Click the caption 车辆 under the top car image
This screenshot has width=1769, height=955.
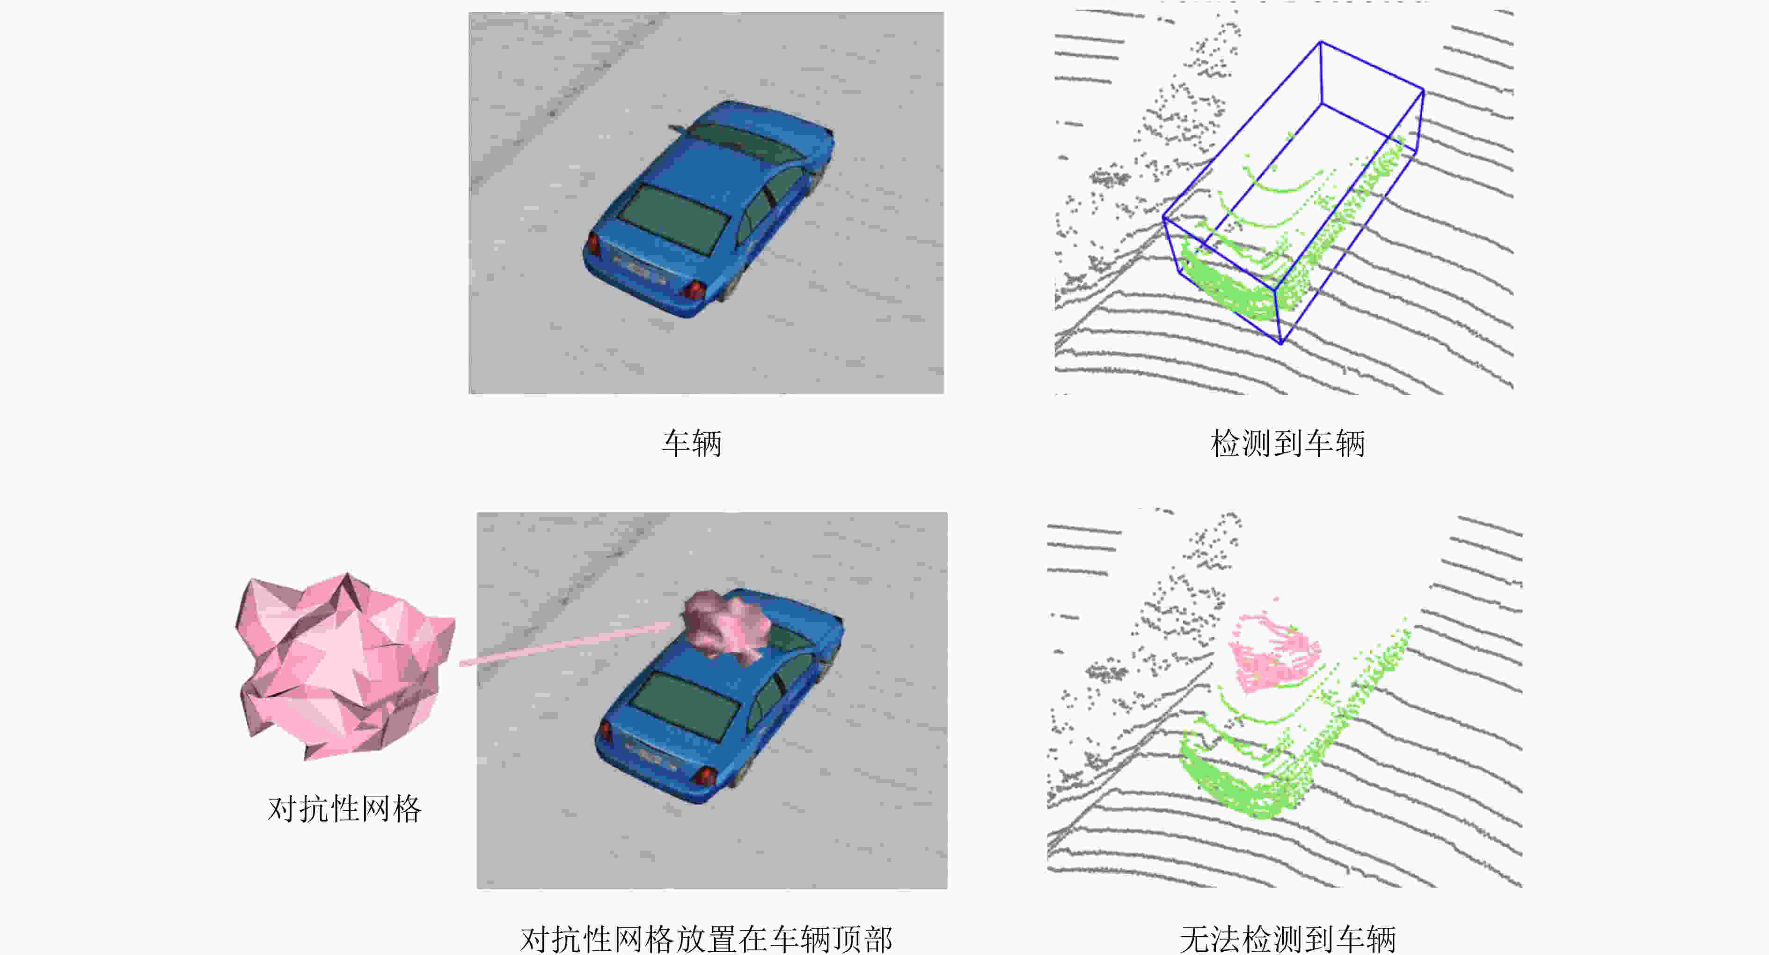pyautogui.click(x=692, y=443)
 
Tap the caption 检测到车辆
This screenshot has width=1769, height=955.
pyautogui.click(x=1287, y=443)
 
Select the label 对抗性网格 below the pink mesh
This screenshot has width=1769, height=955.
pyautogui.click(x=344, y=809)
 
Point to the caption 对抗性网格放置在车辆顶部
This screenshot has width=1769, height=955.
pyautogui.click(x=707, y=939)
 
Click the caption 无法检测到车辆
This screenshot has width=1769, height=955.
pyautogui.click(x=1287, y=939)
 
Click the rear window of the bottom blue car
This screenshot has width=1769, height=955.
pyautogui.click(x=684, y=706)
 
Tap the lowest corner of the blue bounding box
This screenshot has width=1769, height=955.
pyautogui.click(x=1281, y=343)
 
